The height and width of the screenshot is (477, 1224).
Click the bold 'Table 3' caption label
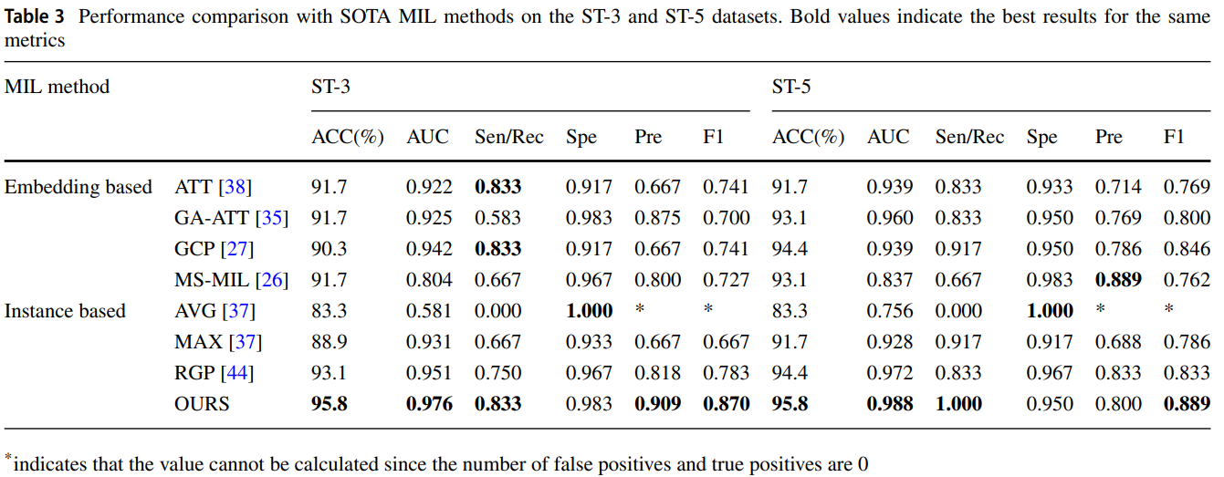tap(35, 17)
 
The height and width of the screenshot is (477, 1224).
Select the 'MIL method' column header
tap(57, 88)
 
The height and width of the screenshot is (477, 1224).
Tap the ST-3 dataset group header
tap(330, 88)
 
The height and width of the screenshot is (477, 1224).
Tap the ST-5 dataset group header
tap(791, 88)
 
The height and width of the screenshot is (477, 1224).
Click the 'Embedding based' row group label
tap(78, 187)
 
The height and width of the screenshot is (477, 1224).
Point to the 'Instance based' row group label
tap(65, 311)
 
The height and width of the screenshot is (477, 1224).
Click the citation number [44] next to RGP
tap(238, 373)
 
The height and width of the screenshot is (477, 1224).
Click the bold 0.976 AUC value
tap(429, 404)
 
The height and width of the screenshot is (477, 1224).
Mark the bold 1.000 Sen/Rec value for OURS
tap(958, 404)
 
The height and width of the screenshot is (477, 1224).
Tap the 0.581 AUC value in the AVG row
tap(429, 311)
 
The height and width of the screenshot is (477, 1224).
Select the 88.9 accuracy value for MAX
tap(329, 342)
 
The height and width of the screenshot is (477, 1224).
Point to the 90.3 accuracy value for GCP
tap(329, 249)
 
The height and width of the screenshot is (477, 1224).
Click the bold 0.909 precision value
tap(657, 404)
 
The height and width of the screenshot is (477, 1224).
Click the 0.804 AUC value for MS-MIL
tap(429, 280)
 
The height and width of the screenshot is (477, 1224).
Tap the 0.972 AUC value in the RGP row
tap(889, 373)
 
